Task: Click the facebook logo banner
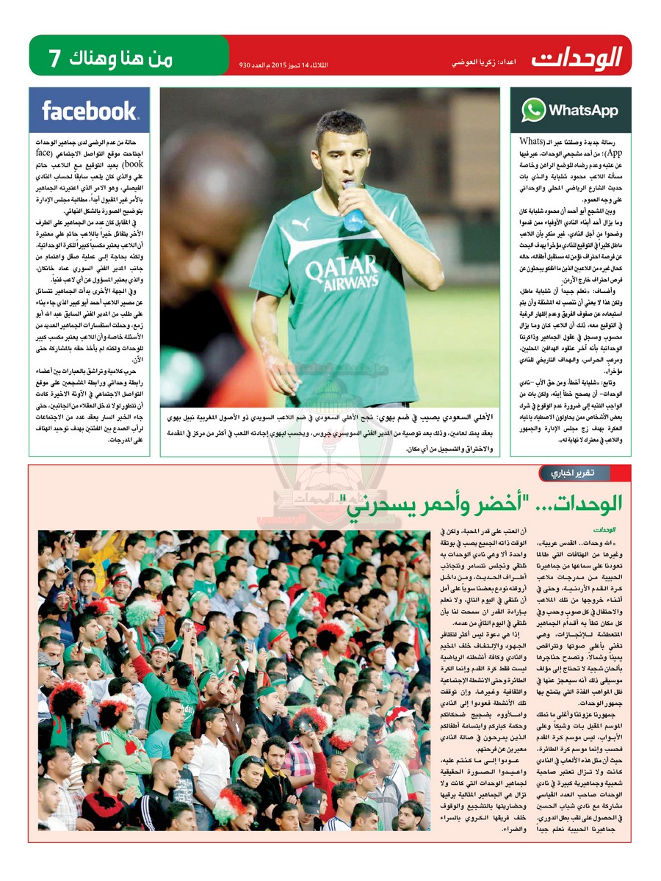click(x=90, y=111)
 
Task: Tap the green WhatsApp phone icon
click(x=533, y=111)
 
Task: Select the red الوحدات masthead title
click(x=577, y=57)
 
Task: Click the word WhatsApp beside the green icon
click(x=583, y=111)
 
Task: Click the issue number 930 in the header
click(x=247, y=65)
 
